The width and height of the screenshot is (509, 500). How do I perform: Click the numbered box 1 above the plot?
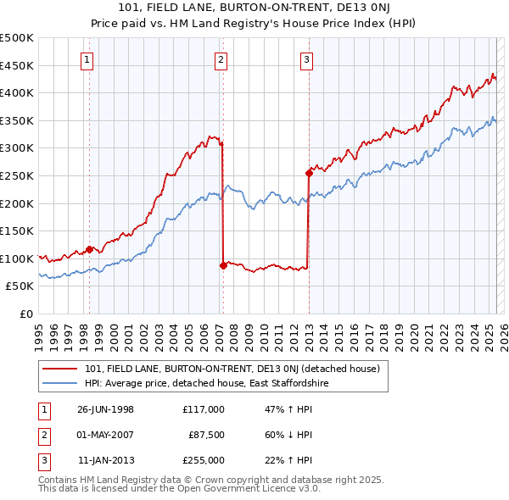[88, 59]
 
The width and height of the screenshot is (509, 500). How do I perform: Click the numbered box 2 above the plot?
[221, 59]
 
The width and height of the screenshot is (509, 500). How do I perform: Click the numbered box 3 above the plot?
[306, 59]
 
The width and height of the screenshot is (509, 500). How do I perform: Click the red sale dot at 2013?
[309, 173]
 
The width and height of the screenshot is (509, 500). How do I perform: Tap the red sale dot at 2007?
[223, 265]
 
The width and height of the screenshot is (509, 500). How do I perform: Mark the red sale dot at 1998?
[89, 249]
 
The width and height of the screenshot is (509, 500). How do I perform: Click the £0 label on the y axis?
[27, 314]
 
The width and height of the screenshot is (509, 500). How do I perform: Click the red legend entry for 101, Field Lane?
[237, 369]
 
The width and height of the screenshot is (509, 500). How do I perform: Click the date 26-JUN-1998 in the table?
[105, 409]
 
